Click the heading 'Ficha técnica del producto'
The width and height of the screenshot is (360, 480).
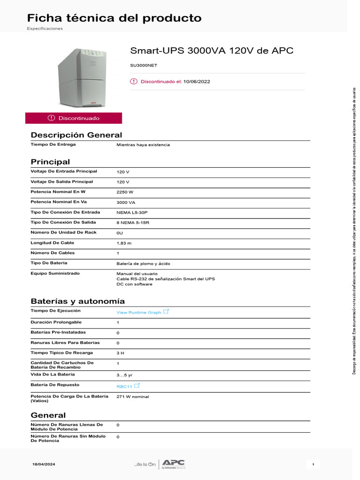(114, 18)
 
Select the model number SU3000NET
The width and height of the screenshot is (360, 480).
(143, 66)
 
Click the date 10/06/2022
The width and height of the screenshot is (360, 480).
(197, 82)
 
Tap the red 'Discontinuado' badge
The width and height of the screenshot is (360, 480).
(74, 118)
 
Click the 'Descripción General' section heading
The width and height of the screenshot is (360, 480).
(76, 135)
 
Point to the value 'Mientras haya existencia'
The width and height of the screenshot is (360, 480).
(143, 145)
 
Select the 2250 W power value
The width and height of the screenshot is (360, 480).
(125, 192)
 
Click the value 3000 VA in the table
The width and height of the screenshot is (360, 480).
(126, 202)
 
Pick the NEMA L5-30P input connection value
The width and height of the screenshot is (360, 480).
(134, 213)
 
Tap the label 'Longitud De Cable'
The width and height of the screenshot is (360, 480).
(52, 243)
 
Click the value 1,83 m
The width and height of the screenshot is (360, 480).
(124, 243)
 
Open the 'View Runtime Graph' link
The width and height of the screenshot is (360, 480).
(139, 312)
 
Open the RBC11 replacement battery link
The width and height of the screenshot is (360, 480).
(124, 387)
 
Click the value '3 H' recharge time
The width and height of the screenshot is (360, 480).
(120, 353)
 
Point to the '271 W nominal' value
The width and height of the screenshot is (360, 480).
(133, 397)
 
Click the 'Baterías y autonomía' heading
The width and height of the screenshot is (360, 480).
(78, 301)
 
